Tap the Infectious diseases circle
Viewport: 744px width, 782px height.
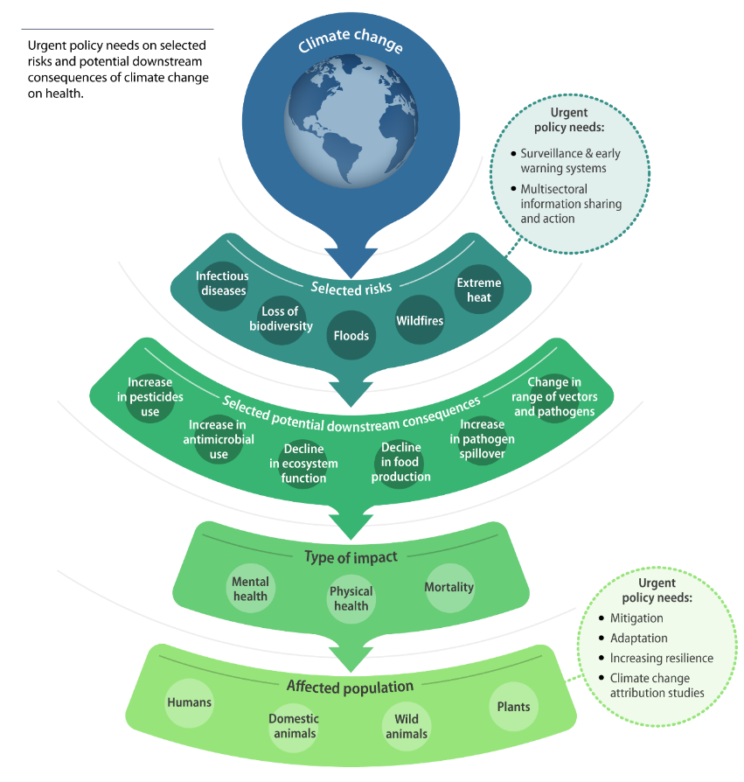[222, 284]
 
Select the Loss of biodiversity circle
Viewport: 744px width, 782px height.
[281, 319]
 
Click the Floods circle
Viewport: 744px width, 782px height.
[351, 335]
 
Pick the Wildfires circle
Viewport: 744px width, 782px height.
[420, 320]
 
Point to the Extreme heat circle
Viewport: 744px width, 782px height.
[479, 290]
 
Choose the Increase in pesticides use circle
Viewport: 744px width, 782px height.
[150, 396]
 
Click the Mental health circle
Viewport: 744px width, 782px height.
[251, 589]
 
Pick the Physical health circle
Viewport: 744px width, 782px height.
[351, 598]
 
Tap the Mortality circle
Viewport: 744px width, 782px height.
[448, 587]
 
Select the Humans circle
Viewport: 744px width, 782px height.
[190, 702]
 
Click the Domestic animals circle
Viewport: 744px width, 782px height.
[294, 725]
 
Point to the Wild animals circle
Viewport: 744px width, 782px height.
[407, 725]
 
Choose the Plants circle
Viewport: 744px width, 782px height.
[513, 706]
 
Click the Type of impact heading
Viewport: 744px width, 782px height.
[351, 556]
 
